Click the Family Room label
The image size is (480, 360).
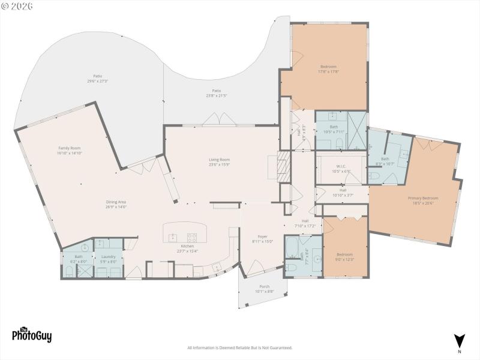tap(69, 151)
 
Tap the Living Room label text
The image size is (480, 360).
tap(219, 162)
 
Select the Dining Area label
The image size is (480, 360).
tap(116, 205)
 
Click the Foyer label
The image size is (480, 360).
tap(263, 239)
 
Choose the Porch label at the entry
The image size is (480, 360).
tap(264, 289)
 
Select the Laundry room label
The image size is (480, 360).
tap(108, 259)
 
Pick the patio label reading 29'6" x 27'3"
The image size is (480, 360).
tap(97, 79)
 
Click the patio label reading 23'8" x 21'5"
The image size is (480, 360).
tap(217, 93)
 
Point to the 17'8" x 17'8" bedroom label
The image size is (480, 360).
tap(328, 69)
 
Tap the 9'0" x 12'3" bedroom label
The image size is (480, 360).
tap(344, 257)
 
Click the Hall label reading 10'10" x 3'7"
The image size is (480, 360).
tap(342, 193)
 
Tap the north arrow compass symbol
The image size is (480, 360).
tap(460, 341)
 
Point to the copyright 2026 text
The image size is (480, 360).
tap(17, 5)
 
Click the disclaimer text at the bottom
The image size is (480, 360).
tap(240, 348)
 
